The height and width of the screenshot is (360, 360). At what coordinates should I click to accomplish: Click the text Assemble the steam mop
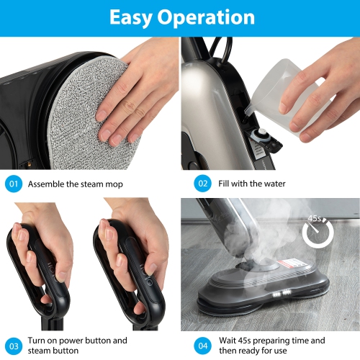click(75, 184)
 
